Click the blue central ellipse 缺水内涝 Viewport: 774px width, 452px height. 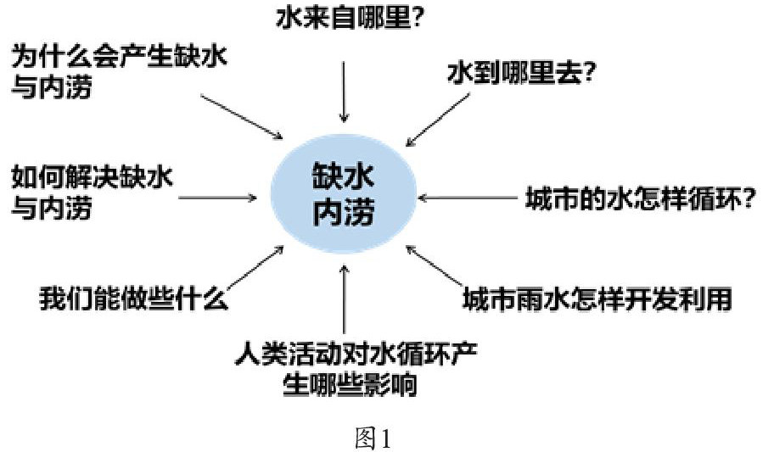tap(344, 194)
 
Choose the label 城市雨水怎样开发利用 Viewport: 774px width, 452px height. tap(597, 299)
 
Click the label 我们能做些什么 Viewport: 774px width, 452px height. tap(132, 299)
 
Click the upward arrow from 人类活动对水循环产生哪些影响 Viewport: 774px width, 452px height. tap(344, 297)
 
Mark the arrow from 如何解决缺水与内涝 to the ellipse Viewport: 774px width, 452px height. tap(216, 199)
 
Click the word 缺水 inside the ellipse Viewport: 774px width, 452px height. tap(344, 176)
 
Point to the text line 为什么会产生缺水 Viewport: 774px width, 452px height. tap(120, 59)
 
